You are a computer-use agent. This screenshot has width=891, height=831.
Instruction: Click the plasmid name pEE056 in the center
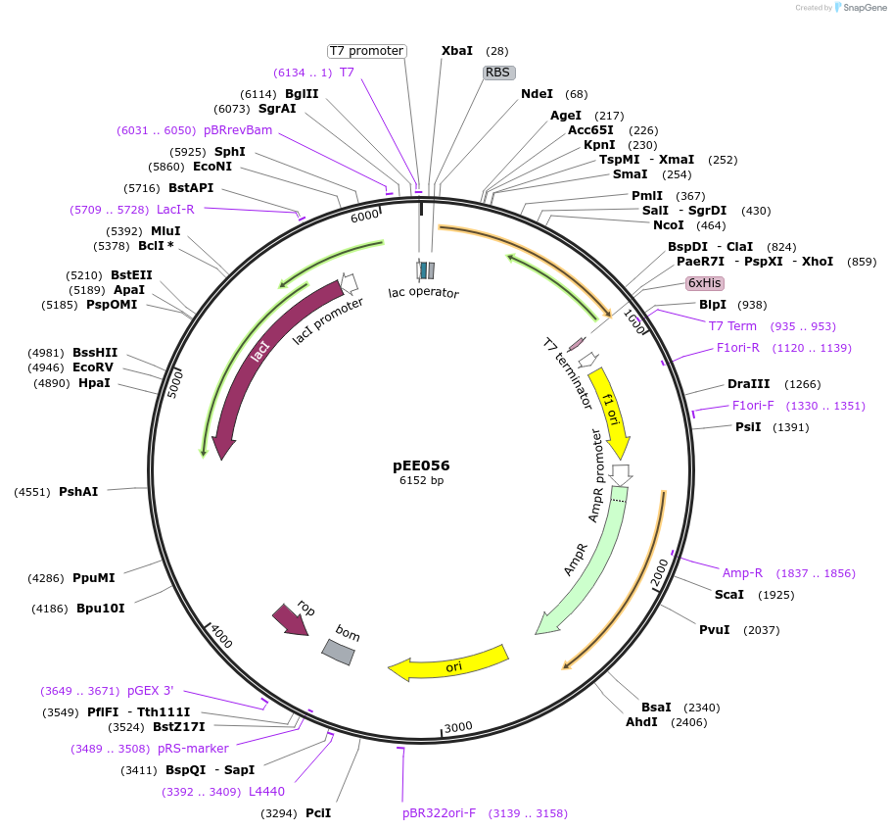click(x=422, y=465)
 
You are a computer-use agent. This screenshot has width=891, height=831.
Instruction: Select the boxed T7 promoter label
click(x=366, y=51)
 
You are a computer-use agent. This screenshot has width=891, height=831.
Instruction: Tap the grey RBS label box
click(x=499, y=73)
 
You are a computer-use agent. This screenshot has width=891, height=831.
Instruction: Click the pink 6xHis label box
click(x=705, y=283)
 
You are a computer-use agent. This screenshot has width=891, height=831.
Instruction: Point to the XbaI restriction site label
click(x=457, y=51)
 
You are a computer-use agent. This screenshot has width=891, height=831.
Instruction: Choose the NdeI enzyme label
click(x=537, y=94)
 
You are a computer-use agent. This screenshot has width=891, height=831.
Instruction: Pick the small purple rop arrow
click(x=291, y=618)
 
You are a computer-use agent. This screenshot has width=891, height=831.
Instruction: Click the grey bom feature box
click(x=339, y=652)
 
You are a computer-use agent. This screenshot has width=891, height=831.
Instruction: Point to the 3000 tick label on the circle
click(x=458, y=726)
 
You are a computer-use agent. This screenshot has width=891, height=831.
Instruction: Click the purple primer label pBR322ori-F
click(x=439, y=813)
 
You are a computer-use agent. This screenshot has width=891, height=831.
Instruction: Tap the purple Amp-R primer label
click(x=742, y=573)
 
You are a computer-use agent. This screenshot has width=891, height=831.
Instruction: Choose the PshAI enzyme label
click(x=78, y=492)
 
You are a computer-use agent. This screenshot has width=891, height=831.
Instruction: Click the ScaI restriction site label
click(x=728, y=595)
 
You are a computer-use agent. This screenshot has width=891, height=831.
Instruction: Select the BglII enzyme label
click(x=302, y=94)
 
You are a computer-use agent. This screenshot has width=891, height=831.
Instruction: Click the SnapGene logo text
click(x=862, y=7)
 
